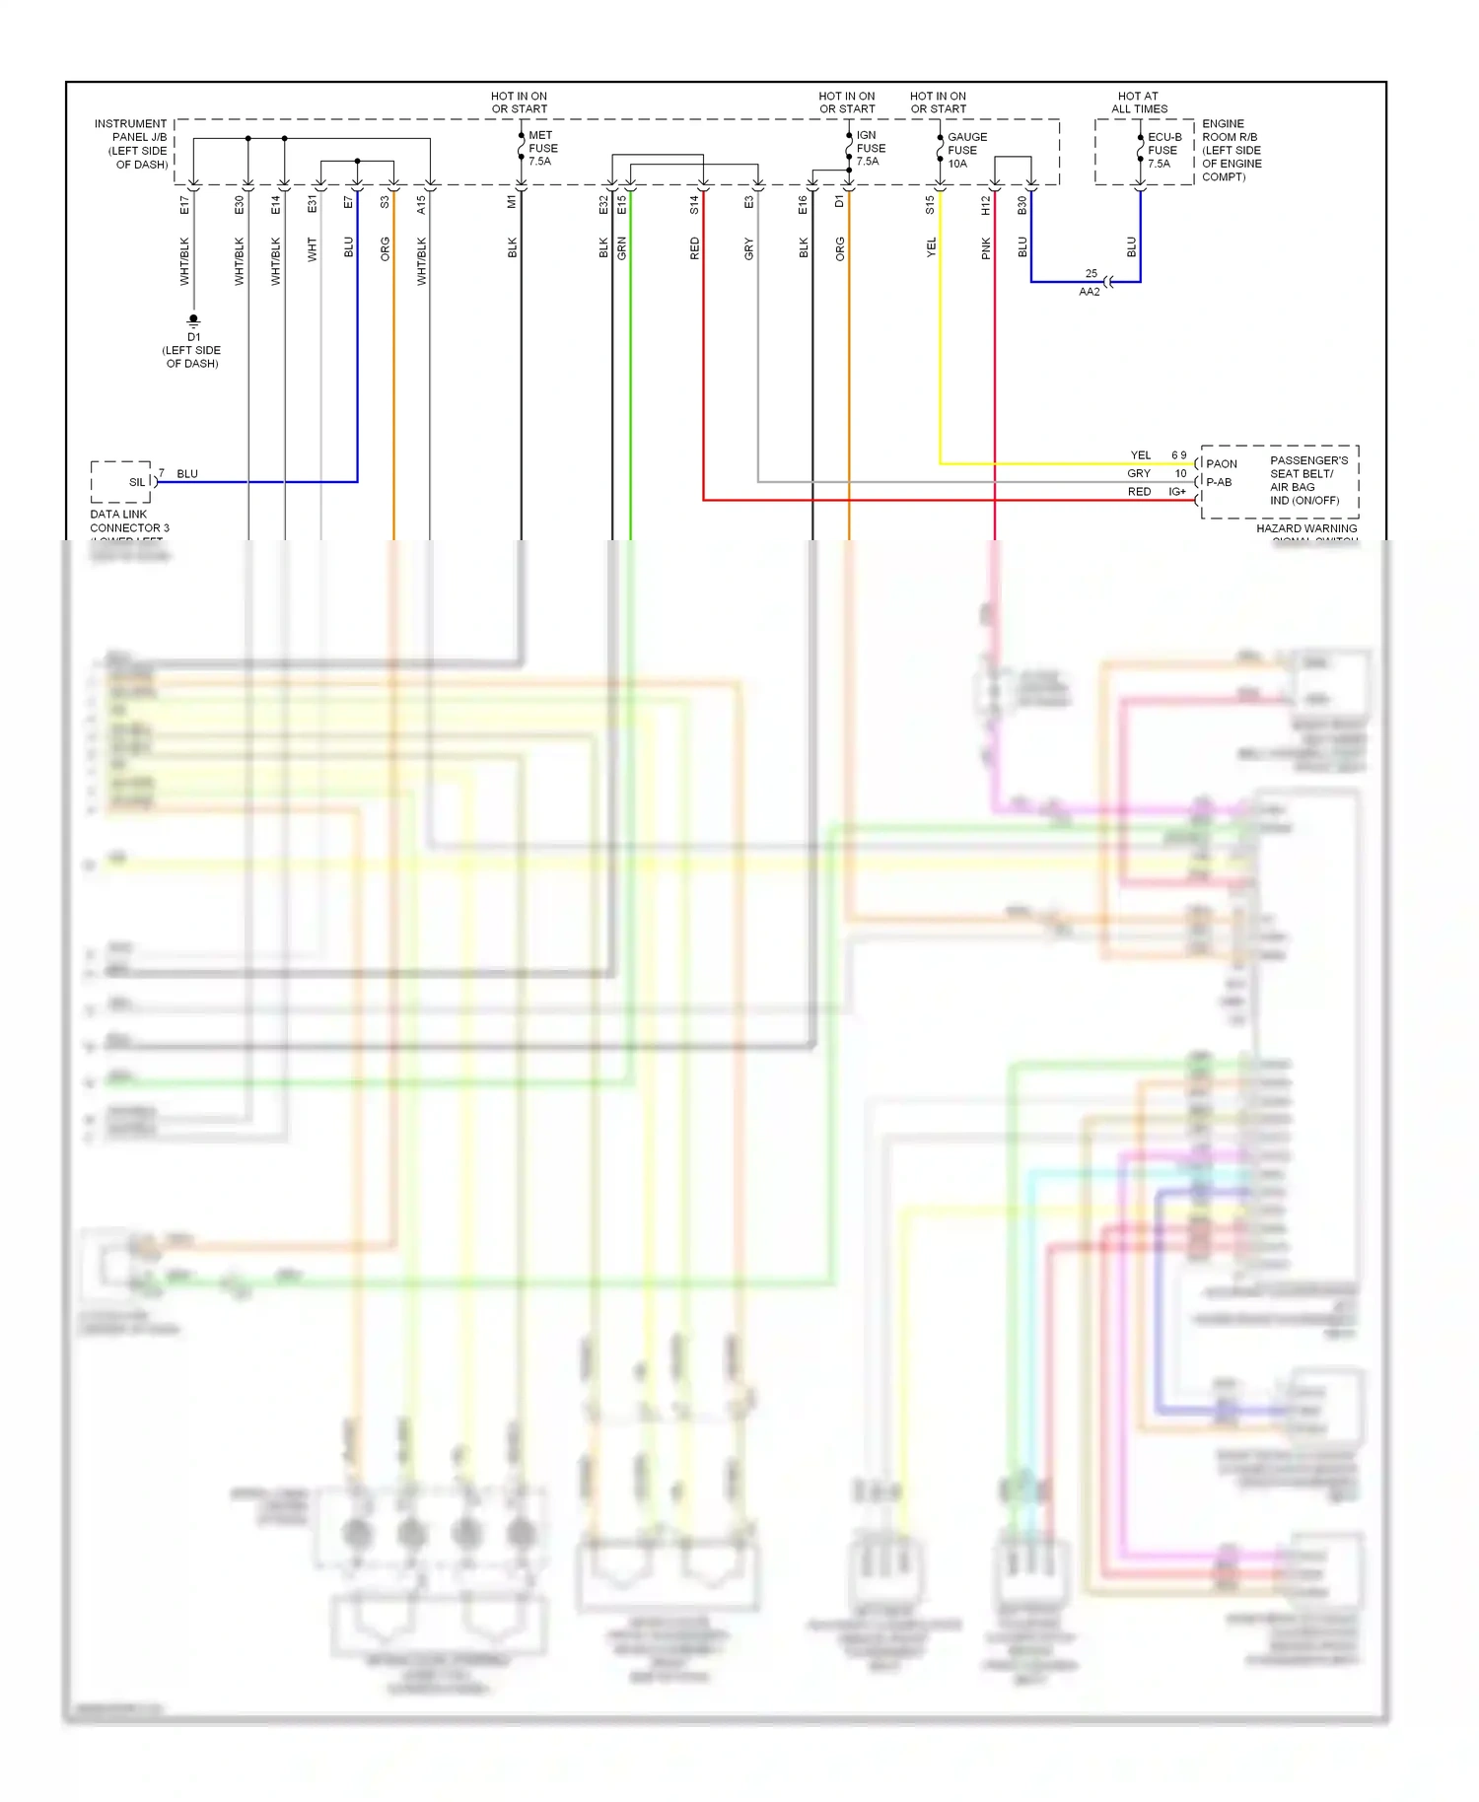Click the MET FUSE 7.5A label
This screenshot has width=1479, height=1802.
(542, 149)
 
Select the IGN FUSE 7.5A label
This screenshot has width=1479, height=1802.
(870, 149)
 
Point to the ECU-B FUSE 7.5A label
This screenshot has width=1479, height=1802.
(1163, 151)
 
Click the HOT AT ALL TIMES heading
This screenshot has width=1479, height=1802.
(1139, 103)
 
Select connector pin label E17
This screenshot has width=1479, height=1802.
(184, 205)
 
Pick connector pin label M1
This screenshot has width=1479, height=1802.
(512, 202)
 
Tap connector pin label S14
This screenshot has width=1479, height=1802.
(694, 205)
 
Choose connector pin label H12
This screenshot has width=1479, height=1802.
(985, 205)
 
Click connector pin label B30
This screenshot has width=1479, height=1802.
(1022, 205)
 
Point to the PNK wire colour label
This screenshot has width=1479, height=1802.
(986, 249)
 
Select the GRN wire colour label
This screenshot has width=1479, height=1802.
(622, 248)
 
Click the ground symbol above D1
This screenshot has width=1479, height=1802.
(193, 320)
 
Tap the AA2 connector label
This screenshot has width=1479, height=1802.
(1090, 292)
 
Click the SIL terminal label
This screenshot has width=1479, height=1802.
(137, 482)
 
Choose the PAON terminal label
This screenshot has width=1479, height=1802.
(1222, 463)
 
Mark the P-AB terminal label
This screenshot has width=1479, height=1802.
(1220, 482)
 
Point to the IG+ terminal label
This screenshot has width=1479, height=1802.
(1177, 492)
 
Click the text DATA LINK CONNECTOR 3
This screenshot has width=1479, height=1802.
(129, 520)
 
